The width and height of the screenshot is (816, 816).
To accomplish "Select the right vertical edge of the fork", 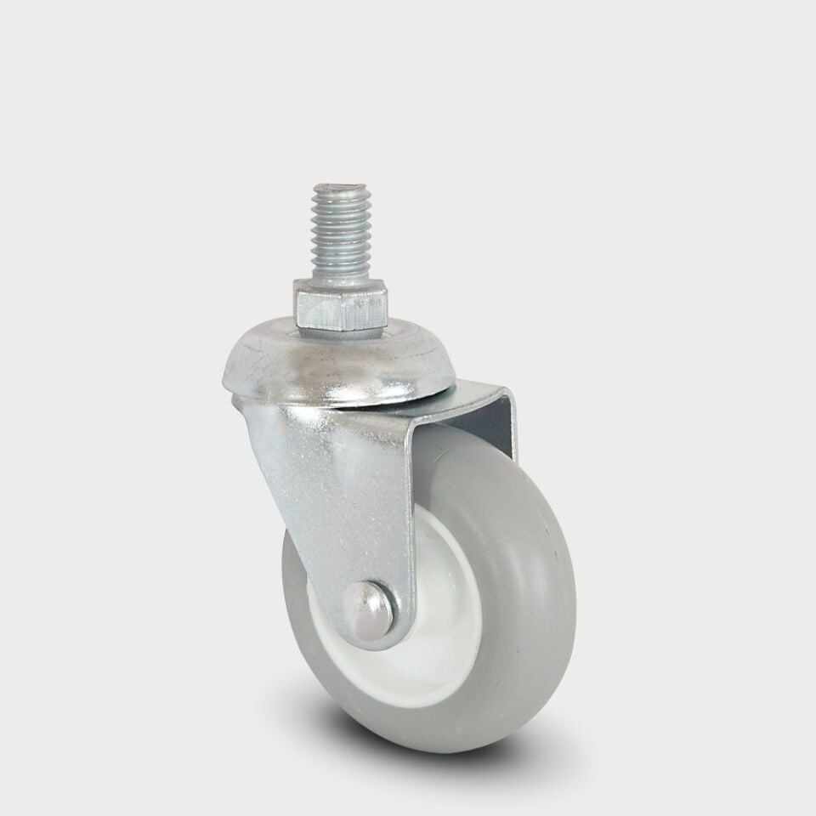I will tap(513, 425).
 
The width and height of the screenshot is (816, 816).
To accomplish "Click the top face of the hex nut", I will tap(340, 288).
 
